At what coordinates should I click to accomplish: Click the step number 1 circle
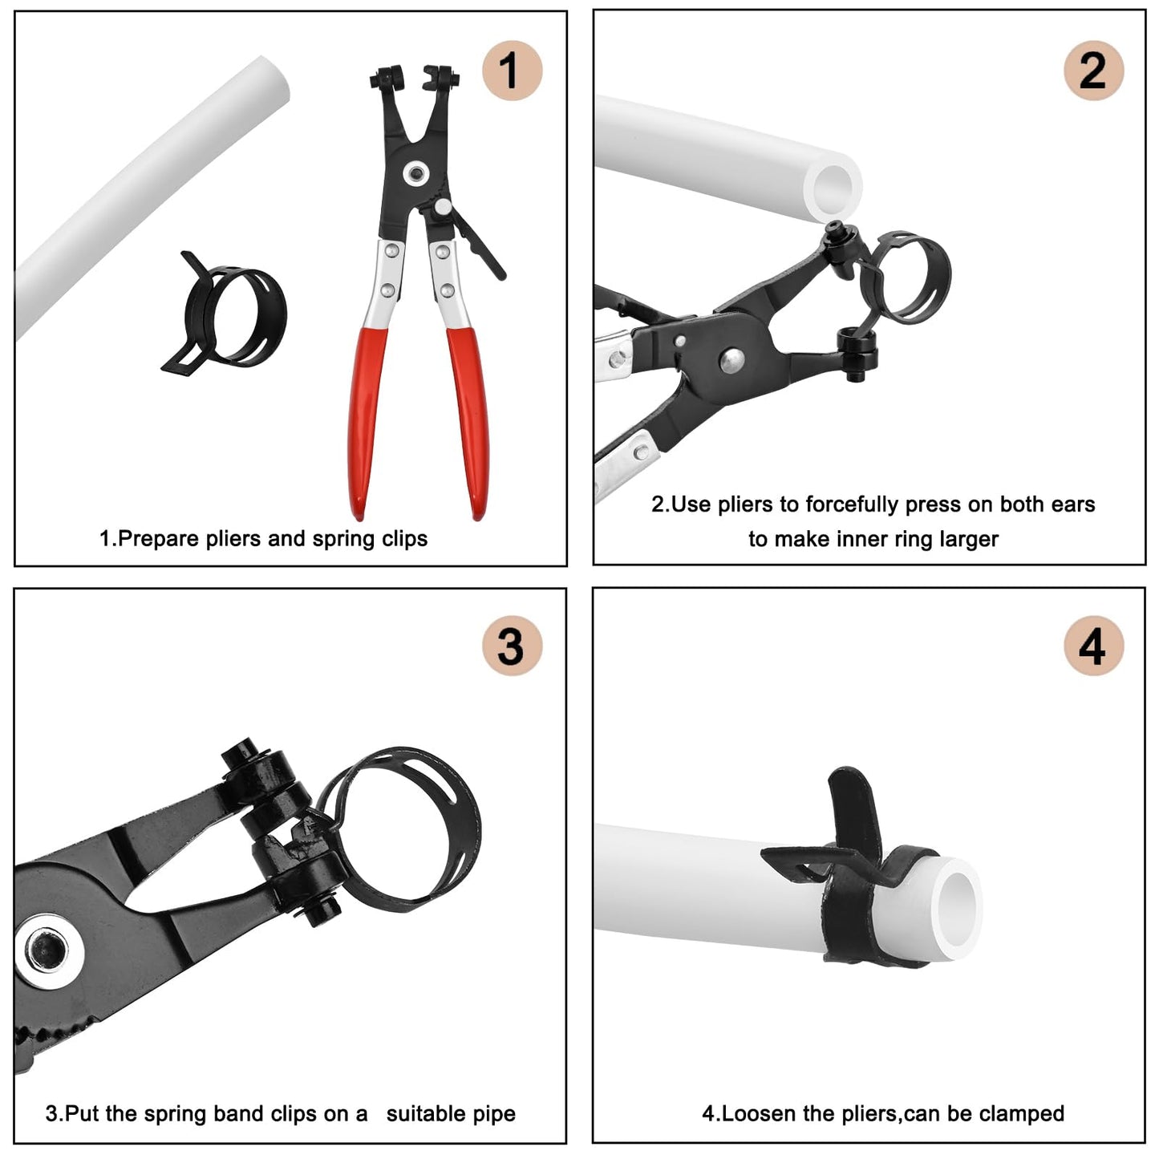tap(512, 71)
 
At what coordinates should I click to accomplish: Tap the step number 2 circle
tap(1093, 71)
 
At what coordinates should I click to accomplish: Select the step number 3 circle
tap(512, 646)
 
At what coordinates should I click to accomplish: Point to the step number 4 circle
tap(1093, 646)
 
